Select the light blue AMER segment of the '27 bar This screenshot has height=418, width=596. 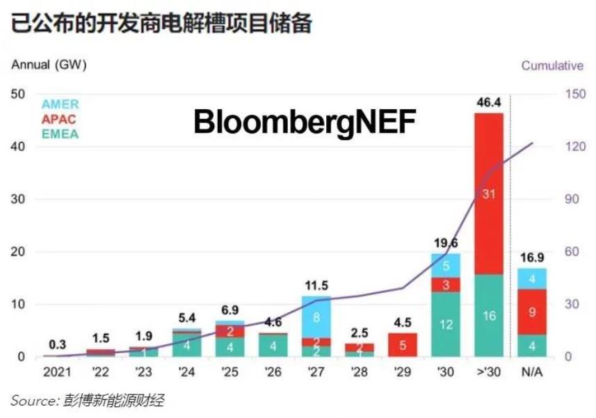[316, 317]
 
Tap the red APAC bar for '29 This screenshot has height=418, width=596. [402, 344]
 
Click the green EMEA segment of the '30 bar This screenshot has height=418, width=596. [445, 324]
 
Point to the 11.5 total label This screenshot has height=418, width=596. [316, 285]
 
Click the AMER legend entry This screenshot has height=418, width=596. [60, 104]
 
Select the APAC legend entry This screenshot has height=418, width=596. [58, 119]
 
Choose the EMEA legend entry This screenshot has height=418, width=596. [60, 134]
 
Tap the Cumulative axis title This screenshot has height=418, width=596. [551, 65]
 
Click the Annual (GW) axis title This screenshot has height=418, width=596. [49, 65]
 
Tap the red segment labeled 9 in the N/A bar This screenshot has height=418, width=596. [531, 312]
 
